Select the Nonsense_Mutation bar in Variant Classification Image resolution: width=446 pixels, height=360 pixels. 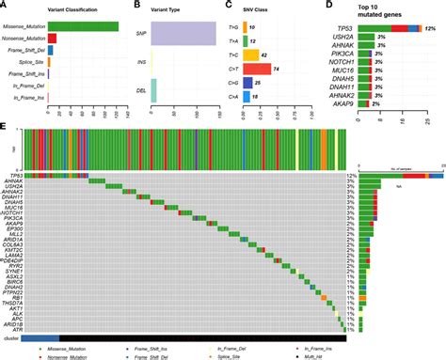point(52,39)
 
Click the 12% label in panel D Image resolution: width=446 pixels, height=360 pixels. point(430,29)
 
